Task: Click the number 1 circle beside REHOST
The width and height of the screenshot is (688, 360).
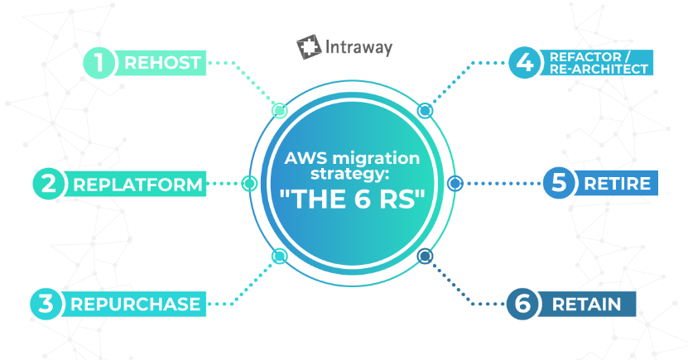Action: (99, 63)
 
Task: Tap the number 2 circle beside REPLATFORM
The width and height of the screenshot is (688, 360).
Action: (49, 183)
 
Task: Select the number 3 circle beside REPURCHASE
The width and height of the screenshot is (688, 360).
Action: (46, 304)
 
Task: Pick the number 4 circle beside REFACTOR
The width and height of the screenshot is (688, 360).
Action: (524, 63)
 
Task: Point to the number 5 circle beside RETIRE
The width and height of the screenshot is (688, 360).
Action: (559, 183)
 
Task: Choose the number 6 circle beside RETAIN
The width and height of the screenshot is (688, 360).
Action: (522, 304)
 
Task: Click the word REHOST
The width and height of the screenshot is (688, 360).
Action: (163, 63)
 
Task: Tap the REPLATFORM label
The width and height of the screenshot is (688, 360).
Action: (137, 185)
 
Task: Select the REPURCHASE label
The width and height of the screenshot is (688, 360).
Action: (135, 305)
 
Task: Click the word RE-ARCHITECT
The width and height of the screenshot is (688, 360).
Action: (599, 70)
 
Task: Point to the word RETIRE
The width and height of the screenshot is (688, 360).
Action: (618, 184)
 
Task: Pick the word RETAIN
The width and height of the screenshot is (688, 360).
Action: (587, 305)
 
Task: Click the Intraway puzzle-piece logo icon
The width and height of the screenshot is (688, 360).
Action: (309, 46)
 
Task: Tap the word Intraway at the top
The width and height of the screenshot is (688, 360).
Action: (359, 47)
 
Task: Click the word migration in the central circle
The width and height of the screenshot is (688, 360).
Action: (376, 158)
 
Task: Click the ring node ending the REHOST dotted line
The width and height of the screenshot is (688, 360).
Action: (279, 110)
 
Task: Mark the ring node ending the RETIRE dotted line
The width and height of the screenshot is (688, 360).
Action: (455, 183)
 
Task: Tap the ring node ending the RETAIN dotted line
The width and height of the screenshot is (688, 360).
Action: (424, 256)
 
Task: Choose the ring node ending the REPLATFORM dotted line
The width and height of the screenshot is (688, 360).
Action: (249, 183)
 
